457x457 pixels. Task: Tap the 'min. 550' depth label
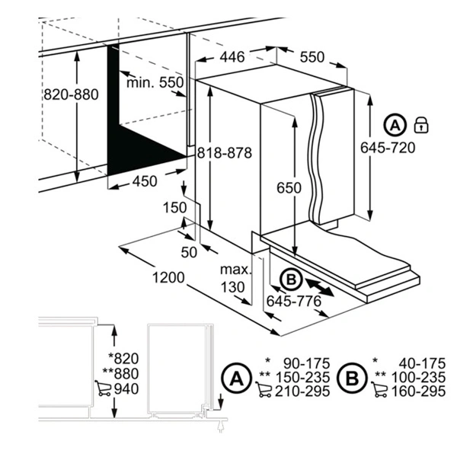(x=156, y=81)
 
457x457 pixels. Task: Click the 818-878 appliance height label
(x=224, y=152)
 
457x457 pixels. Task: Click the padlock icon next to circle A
(x=420, y=124)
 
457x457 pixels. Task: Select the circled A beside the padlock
(x=395, y=124)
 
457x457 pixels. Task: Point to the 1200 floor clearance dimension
(x=167, y=277)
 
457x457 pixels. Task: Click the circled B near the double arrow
(x=290, y=280)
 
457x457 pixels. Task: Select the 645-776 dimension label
(x=293, y=302)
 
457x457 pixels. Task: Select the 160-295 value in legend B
(x=417, y=391)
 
